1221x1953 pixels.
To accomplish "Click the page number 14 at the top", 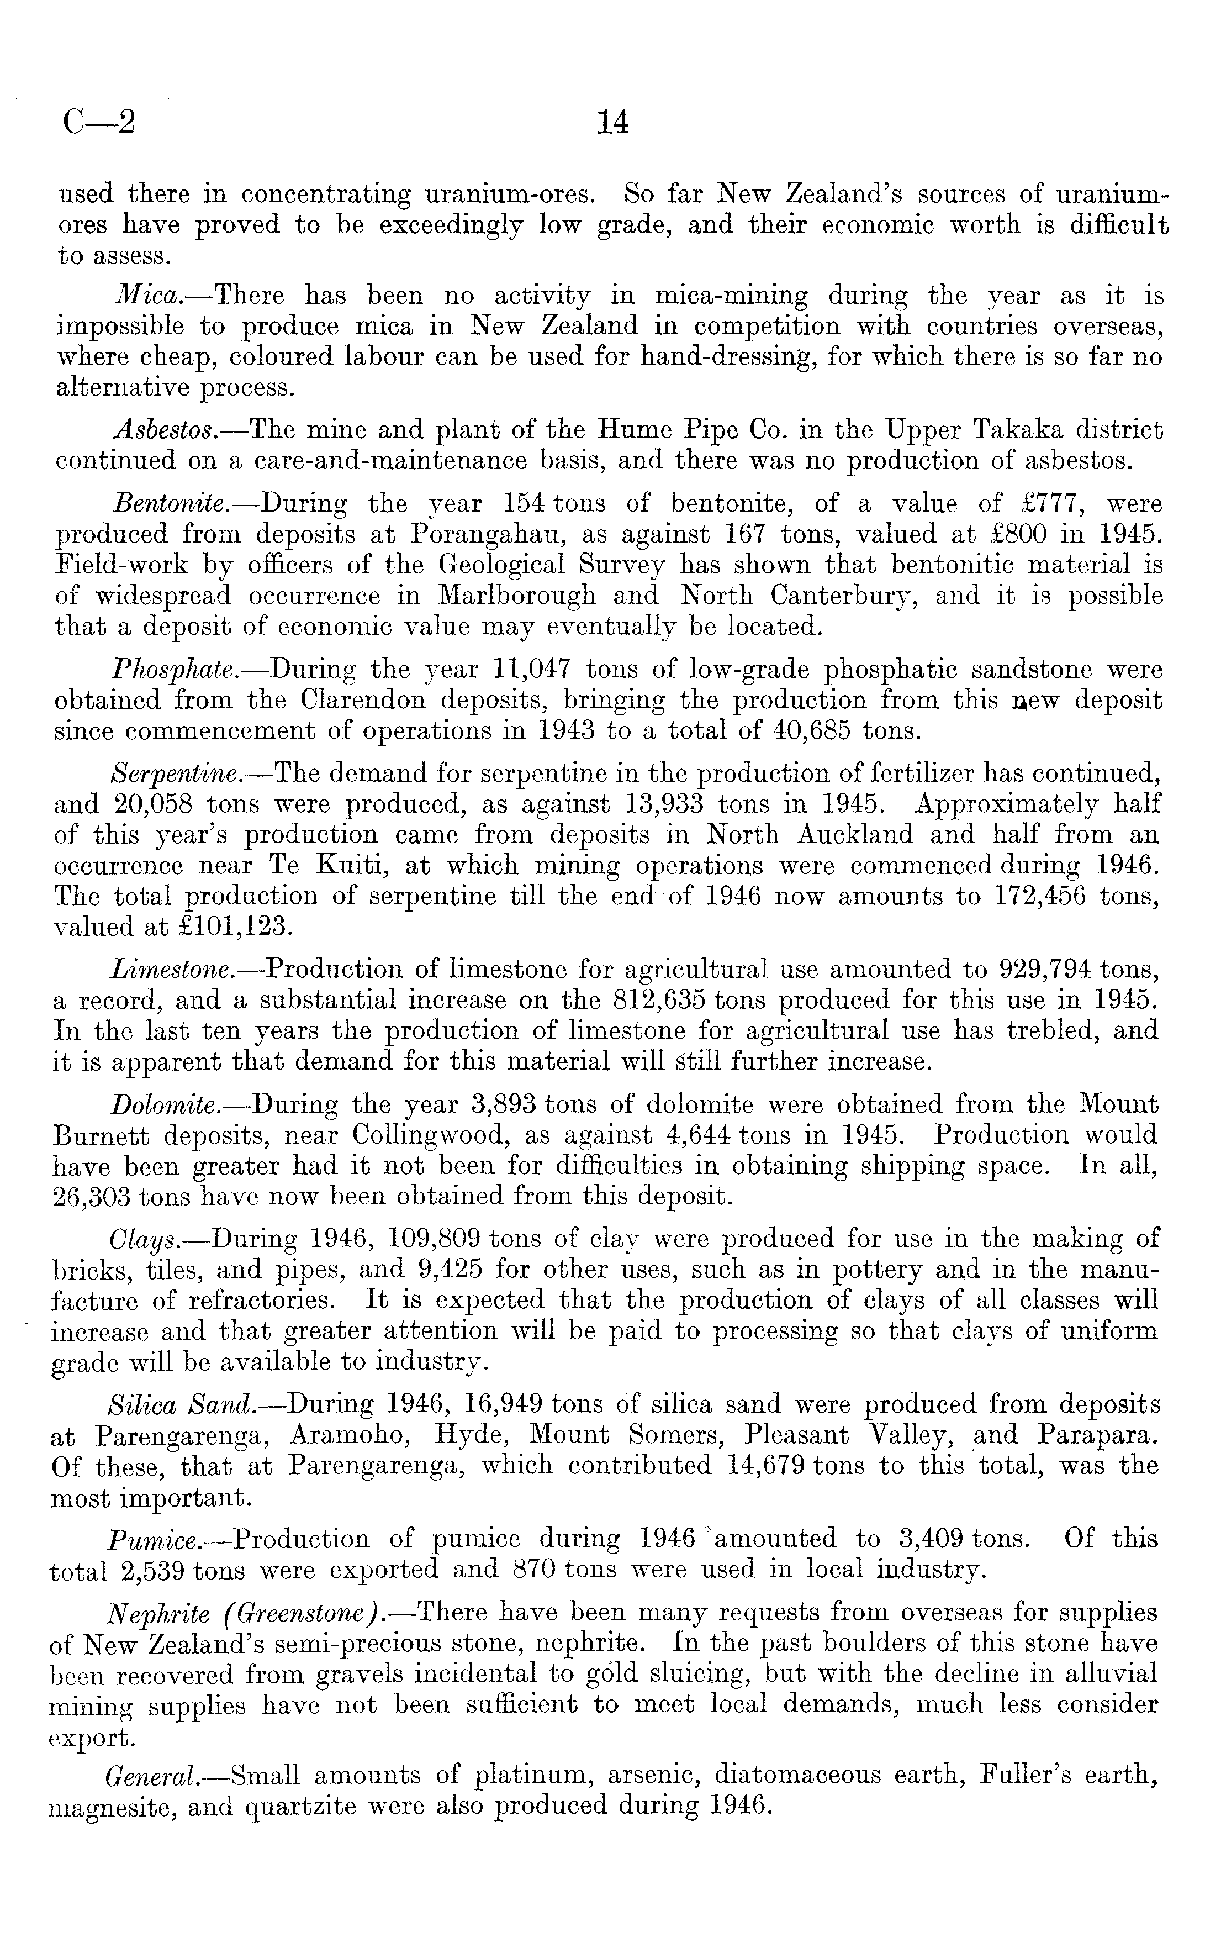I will click(611, 123).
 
